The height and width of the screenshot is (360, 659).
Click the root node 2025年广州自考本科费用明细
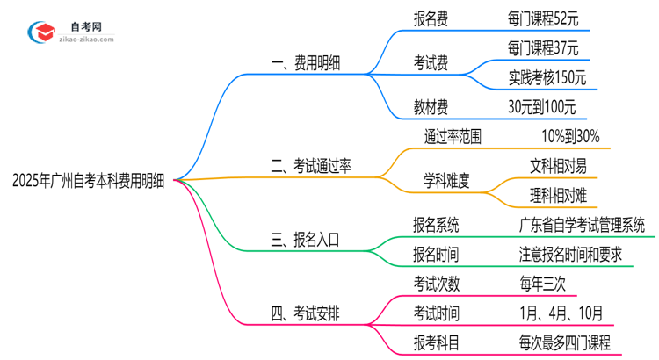click(92, 182)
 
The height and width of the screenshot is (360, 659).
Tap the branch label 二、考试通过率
click(312, 165)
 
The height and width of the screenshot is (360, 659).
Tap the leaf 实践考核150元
click(547, 76)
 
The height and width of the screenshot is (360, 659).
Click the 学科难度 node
click(446, 181)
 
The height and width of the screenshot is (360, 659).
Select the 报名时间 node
click(436, 254)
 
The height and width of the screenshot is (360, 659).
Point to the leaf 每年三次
click(542, 283)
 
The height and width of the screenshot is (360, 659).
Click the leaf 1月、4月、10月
click(560, 313)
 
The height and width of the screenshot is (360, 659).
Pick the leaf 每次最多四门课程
click(564, 342)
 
